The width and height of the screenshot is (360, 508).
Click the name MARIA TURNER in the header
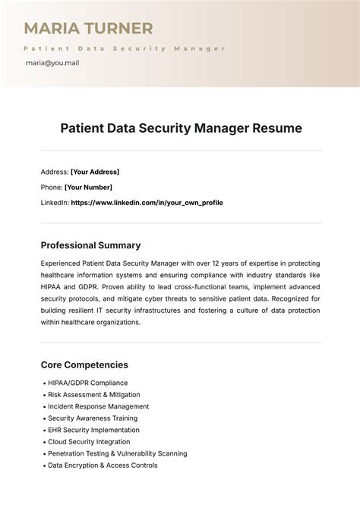[89, 29]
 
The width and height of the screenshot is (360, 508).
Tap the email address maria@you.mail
[52, 63]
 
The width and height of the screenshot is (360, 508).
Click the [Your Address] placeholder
[95, 172]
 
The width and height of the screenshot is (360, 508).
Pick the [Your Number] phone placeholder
[88, 187]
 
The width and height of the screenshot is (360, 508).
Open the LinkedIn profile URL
[147, 203]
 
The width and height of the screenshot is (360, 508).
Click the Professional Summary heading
[90, 245]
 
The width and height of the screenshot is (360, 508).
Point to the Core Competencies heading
[84, 364]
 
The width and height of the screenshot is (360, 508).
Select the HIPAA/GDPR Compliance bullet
[87, 383]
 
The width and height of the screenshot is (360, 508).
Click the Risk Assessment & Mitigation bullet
[93, 395]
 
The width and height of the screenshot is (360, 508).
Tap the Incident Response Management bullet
[98, 406]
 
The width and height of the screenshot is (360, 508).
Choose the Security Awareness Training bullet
[93, 418]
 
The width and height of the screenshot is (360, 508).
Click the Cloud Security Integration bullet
[89, 442]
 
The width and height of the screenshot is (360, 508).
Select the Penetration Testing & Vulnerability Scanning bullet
[117, 453]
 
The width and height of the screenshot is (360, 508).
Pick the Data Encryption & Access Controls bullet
[103, 465]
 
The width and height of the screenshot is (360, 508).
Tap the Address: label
[54, 172]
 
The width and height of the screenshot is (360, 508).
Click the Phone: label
[51, 187]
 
